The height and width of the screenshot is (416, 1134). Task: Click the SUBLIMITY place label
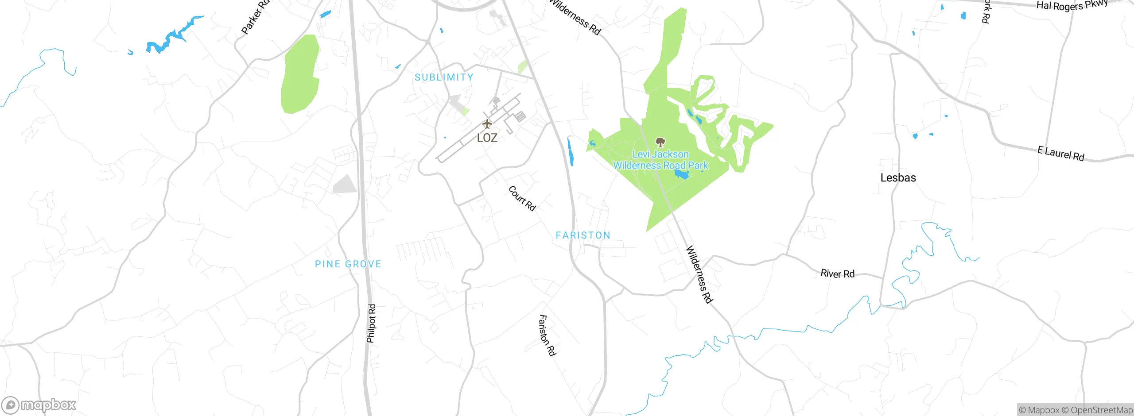(x=444, y=77)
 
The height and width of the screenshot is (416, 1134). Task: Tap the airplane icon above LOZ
(x=487, y=124)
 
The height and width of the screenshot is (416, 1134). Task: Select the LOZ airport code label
(x=487, y=138)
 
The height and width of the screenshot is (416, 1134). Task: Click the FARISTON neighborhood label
(x=583, y=235)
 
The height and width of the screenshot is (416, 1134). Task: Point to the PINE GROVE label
(x=348, y=264)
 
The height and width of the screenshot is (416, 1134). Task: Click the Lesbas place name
(x=898, y=178)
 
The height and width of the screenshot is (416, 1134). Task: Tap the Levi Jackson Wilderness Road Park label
(x=660, y=160)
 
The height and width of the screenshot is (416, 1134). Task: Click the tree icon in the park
(x=660, y=142)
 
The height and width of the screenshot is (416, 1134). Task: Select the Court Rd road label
(x=522, y=198)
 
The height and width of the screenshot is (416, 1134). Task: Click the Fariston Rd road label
(x=547, y=335)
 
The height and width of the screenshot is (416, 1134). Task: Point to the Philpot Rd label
(x=371, y=323)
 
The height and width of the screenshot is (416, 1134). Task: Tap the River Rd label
(x=837, y=273)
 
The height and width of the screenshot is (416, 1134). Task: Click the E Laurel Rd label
(x=1061, y=154)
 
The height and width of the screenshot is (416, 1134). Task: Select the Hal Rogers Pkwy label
(x=1072, y=5)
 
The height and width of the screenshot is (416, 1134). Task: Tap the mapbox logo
(x=39, y=405)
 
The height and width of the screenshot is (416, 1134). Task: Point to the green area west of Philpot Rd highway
(x=300, y=75)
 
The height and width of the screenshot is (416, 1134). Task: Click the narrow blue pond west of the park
(x=571, y=152)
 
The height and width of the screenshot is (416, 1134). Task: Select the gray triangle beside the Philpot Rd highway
(x=346, y=185)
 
